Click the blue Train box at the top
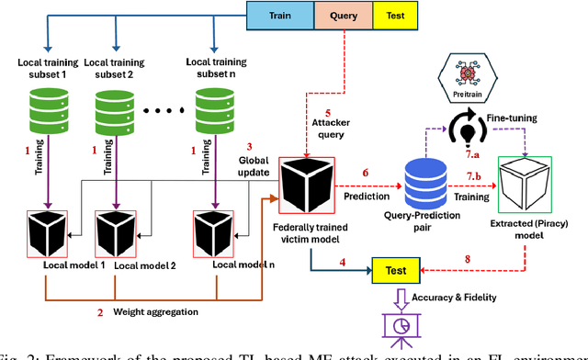279,16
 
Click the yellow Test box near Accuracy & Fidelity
395,269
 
